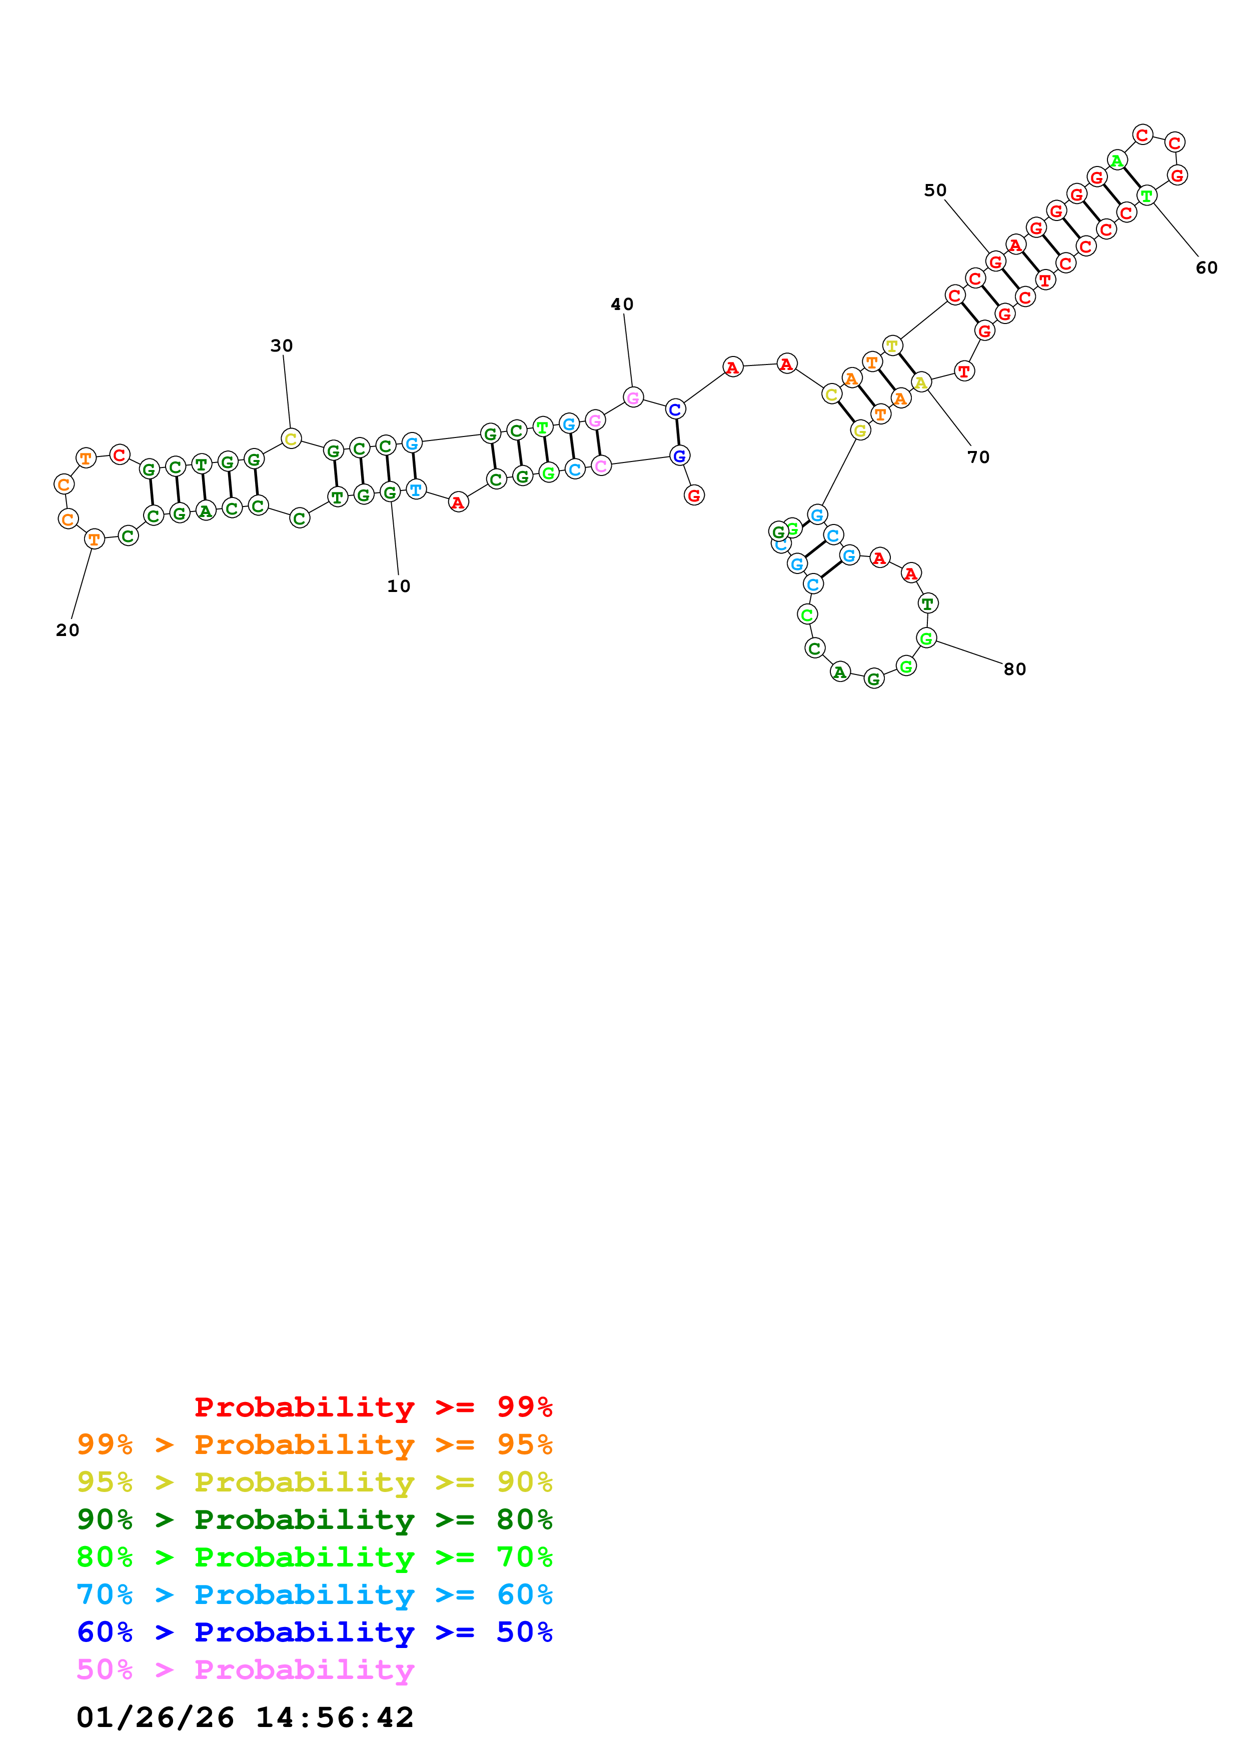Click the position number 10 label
398,586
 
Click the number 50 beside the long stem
935,190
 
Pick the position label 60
1206,267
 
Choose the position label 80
1014,669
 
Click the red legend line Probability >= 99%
373,1406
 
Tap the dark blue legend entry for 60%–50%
314,1632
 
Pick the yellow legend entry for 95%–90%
314,1481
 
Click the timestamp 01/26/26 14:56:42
245,1717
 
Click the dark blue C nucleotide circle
675,409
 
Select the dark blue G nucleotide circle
679,456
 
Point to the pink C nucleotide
601,465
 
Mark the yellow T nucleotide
891,345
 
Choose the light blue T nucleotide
416,489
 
